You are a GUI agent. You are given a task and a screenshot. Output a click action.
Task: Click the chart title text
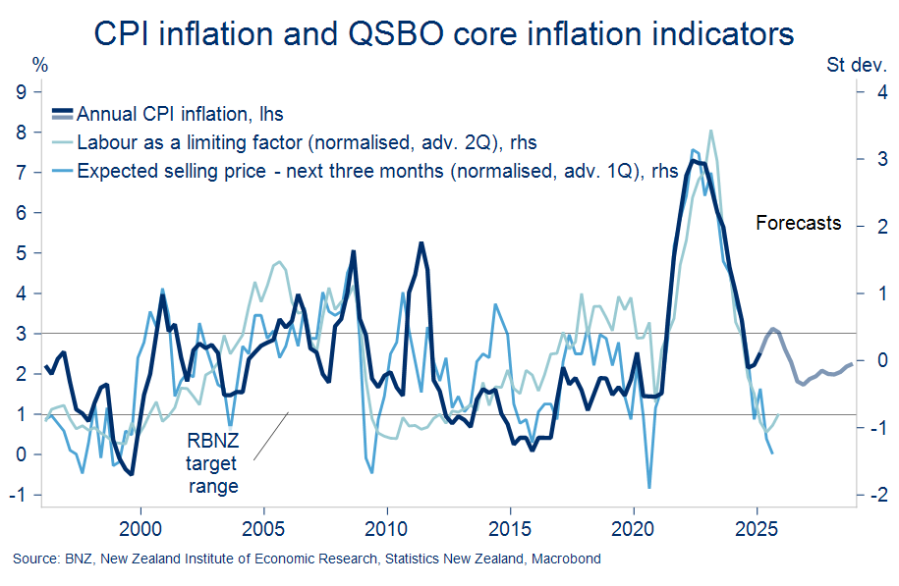click(443, 32)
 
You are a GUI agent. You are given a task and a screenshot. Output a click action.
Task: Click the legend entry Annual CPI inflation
click(180, 114)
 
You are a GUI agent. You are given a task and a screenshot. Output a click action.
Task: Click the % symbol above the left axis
click(39, 67)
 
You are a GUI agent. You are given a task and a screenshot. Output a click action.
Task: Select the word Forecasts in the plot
click(798, 223)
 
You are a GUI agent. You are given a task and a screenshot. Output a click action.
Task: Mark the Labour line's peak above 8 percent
click(710, 131)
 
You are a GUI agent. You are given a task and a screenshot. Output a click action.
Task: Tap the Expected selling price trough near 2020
click(649, 487)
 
